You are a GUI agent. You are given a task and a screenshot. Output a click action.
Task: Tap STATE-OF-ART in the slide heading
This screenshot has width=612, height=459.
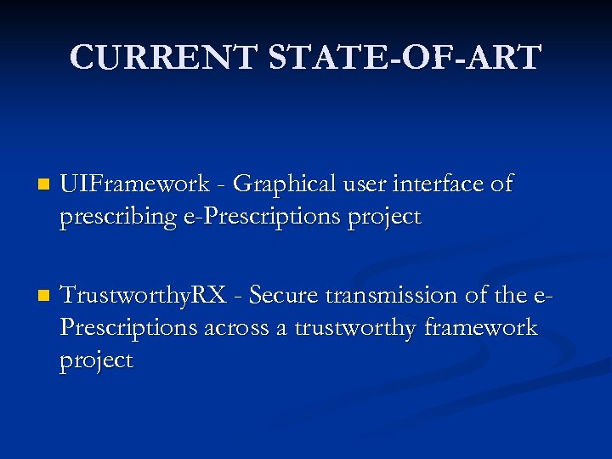tap(405, 57)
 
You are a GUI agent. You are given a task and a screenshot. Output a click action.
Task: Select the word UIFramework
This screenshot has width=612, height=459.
tap(134, 184)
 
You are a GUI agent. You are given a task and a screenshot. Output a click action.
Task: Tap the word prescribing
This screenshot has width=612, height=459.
tap(117, 217)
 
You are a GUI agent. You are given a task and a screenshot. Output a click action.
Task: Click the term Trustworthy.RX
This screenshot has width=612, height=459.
tap(144, 296)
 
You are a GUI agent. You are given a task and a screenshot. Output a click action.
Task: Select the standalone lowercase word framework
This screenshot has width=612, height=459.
tap(482, 327)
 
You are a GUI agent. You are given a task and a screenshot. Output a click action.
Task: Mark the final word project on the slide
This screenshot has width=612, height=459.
tap(96, 360)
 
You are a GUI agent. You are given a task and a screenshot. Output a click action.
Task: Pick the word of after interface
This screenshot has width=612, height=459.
tap(501, 184)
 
